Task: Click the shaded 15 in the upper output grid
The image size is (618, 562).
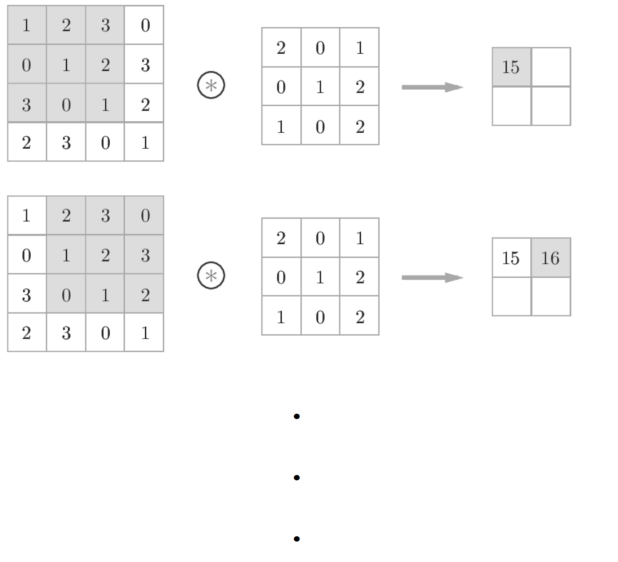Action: click(x=511, y=67)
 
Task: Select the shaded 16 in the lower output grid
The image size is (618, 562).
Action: click(x=550, y=257)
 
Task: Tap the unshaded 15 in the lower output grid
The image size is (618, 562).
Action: click(x=511, y=257)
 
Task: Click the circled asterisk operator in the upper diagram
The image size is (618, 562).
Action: click(x=211, y=85)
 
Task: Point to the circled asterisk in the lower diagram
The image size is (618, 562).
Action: click(x=211, y=276)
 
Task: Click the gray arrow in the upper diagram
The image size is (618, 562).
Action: click(x=432, y=87)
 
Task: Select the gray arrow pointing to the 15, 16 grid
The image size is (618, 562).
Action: click(x=432, y=277)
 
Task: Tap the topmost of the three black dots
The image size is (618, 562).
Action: click(x=297, y=416)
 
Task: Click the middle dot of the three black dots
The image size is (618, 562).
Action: click(x=297, y=478)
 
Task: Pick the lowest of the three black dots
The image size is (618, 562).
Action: click(x=297, y=539)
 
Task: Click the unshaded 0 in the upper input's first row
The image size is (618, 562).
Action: click(x=145, y=25)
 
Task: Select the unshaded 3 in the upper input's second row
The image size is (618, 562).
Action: click(x=145, y=65)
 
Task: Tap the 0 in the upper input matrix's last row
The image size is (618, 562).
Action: click(x=105, y=142)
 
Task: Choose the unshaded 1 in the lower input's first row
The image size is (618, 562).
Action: click(x=27, y=216)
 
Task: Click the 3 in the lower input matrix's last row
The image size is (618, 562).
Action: click(x=66, y=333)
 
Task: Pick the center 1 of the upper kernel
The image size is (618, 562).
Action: click(x=320, y=87)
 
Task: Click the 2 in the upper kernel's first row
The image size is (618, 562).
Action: click(x=281, y=47)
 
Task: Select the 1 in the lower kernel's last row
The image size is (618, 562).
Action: click(x=281, y=317)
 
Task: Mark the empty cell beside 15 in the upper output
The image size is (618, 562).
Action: click(x=551, y=67)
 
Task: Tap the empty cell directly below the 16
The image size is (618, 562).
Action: click(x=551, y=297)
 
